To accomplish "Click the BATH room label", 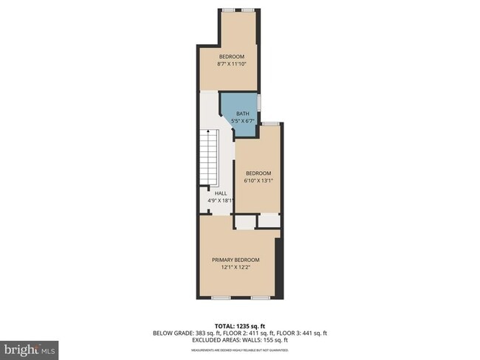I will coord(243,113).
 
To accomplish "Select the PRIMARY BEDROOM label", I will coord(236,260).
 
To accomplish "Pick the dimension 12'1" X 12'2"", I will coord(236,267).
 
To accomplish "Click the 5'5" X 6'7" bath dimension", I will coord(243,120).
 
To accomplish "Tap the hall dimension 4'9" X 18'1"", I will coord(220,200).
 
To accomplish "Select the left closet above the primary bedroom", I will coord(245,220).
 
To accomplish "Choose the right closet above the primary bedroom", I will coord(269,220).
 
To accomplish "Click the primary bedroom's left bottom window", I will coord(219,298).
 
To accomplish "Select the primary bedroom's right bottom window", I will coord(258,298).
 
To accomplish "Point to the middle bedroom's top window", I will coord(270,123).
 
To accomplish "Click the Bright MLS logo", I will coord(30,347).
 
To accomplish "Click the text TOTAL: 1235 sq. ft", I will coord(239,325).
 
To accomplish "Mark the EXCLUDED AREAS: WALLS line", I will coord(239,340).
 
